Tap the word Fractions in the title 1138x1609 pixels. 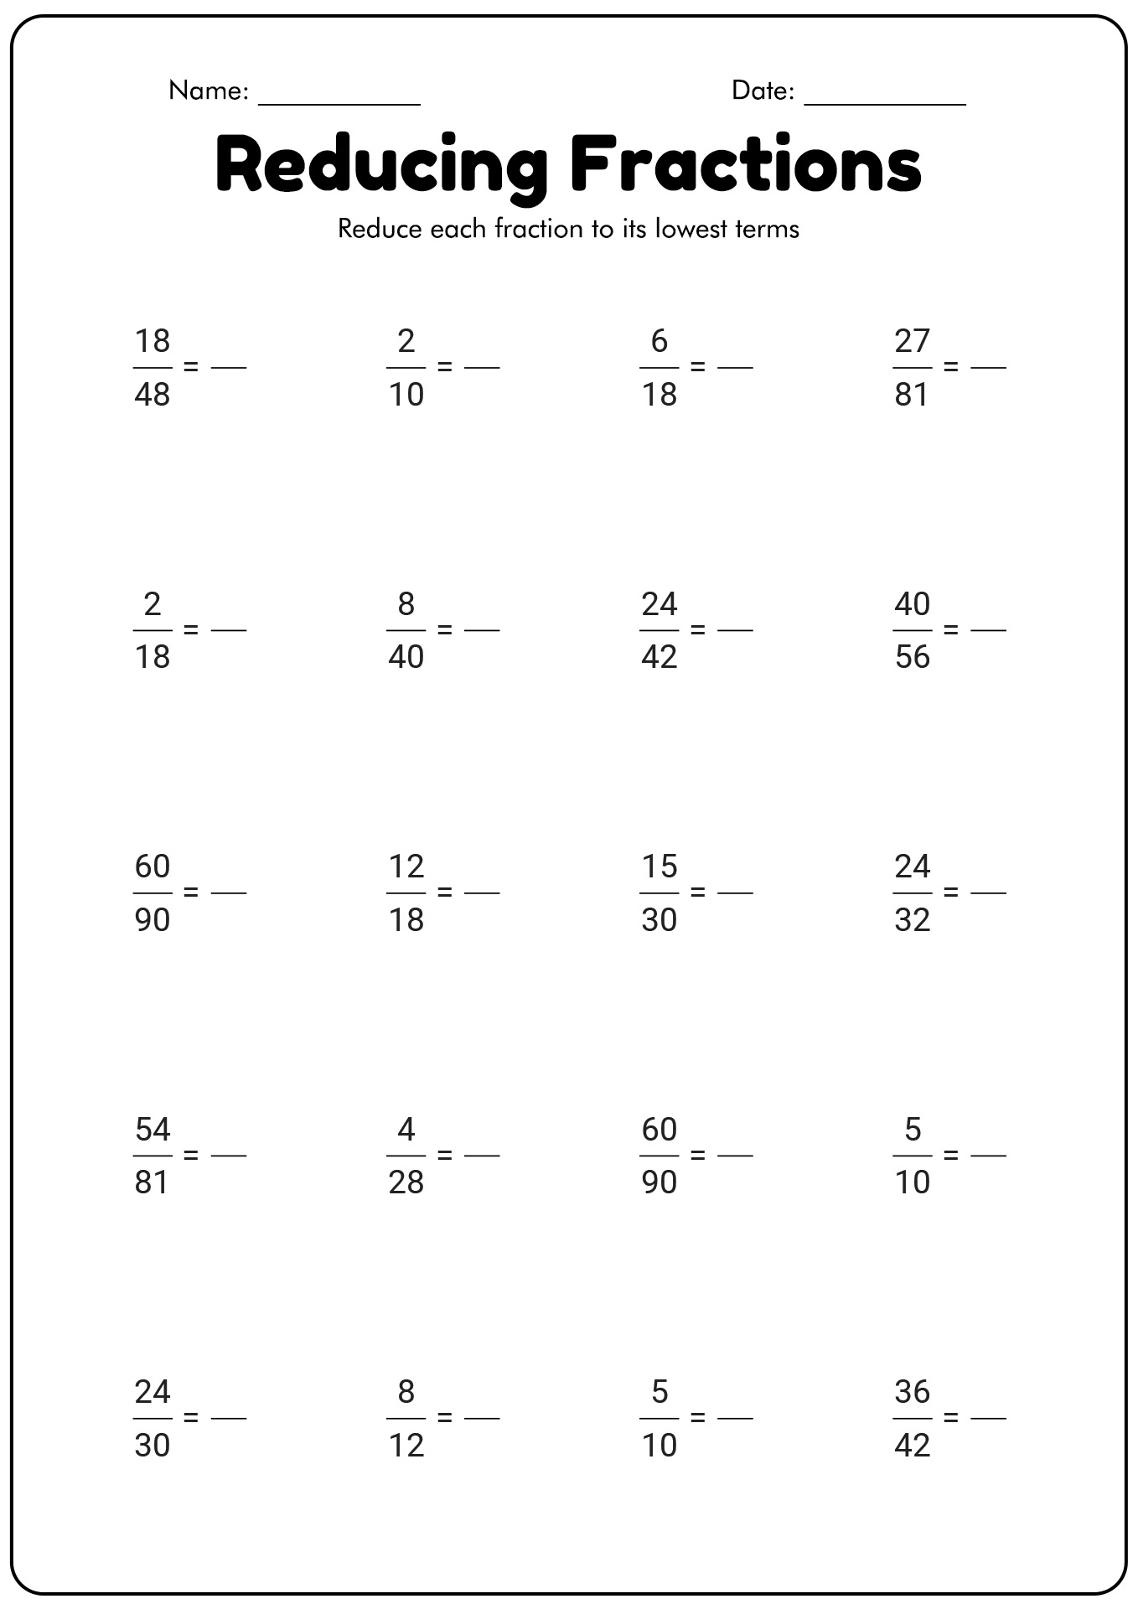pos(746,163)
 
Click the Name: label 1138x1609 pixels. pos(209,91)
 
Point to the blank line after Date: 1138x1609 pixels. pos(885,104)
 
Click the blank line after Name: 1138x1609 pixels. pos(339,104)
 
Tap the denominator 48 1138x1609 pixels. pos(152,394)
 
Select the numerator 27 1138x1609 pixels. pos(913,341)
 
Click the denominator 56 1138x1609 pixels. pos(913,657)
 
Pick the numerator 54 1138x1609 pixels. pos(152,1130)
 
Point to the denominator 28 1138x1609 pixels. pos(406,1182)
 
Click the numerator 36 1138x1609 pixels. pos(913,1392)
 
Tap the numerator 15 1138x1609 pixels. pos(660,867)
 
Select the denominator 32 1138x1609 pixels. pos(913,920)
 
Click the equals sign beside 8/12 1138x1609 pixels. pos(445,1417)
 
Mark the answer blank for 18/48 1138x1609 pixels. pos(229,367)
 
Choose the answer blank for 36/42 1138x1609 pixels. pos(988,1418)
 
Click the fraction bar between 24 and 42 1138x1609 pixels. pos(660,630)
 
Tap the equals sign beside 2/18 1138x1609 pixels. pos(191,629)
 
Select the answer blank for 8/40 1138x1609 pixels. pos(482,630)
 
